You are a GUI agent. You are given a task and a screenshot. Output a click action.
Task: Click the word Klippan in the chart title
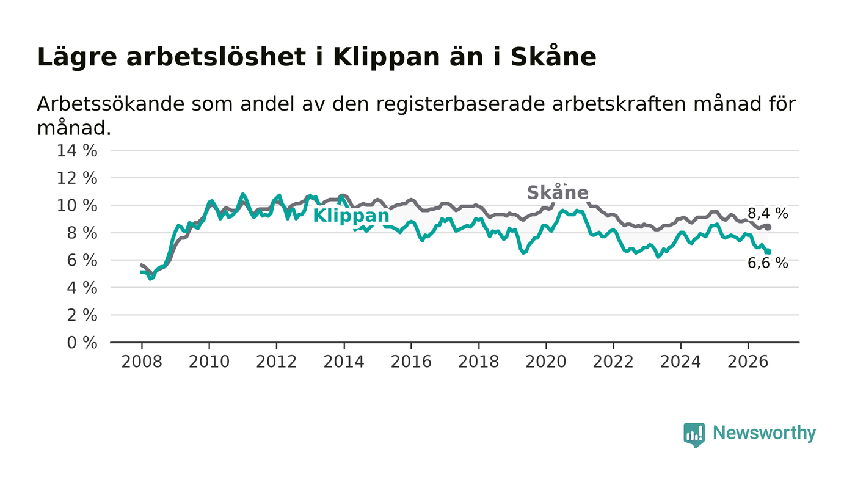[387, 57]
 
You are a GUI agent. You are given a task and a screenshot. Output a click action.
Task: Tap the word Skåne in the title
[553, 57]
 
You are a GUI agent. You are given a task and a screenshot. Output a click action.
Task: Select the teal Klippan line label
[351, 216]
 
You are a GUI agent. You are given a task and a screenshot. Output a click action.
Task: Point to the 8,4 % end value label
[768, 213]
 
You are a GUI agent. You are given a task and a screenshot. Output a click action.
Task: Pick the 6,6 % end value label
[768, 263]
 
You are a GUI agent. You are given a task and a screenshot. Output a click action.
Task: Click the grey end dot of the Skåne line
[768, 227]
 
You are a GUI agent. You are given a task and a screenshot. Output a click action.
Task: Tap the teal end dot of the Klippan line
[768, 252]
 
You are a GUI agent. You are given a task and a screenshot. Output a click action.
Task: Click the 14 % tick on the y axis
[77, 151]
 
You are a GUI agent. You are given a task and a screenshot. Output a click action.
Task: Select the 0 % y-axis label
[82, 343]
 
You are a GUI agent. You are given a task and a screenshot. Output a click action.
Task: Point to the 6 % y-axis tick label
[82, 261]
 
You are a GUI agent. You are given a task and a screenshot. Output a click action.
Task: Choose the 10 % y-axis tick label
[77, 206]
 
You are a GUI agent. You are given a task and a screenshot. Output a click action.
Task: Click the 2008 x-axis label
[142, 362]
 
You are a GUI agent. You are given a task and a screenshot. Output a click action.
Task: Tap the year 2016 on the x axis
[411, 362]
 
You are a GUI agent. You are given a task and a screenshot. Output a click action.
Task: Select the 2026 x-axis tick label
[748, 362]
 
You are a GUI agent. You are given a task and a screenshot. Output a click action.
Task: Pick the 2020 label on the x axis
[546, 362]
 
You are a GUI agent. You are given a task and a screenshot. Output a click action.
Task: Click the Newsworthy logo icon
[694, 435]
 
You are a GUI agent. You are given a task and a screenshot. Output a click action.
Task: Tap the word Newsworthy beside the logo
[765, 433]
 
